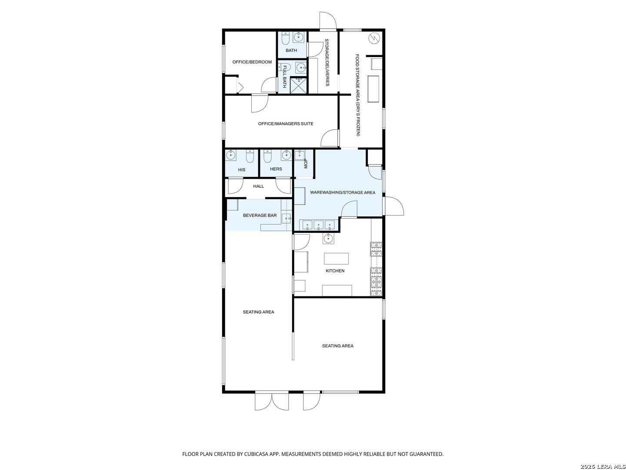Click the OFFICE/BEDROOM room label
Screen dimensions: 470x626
pyautogui.click(x=252, y=62)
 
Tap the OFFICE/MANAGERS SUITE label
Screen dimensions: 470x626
pyautogui.click(x=286, y=124)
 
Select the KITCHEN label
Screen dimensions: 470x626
pyautogui.click(x=335, y=271)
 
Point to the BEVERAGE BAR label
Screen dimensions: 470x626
pyautogui.click(x=260, y=215)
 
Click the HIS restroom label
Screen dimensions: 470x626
pyautogui.click(x=242, y=170)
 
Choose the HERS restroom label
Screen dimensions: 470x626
pyautogui.click(x=276, y=169)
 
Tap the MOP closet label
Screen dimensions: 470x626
pyautogui.click(x=306, y=164)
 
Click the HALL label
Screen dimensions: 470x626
pyautogui.click(x=258, y=186)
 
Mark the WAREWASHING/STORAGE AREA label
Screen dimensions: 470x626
pyautogui.click(x=342, y=192)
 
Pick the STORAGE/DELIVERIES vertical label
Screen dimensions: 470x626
pyautogui.click(x=327, y=63)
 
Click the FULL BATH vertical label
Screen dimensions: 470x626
pyautogui.click(x=284, y=77)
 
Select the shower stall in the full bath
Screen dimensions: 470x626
pyautogui.click(x=299, y=85)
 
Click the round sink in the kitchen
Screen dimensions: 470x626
pyautogui.click(x=328, y=238)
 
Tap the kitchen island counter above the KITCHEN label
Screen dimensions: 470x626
pyautogui.click(x=336, y=258)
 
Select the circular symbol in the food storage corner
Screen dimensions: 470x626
pyautogui.click(x=374, y=38)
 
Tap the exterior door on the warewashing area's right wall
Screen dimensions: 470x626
pyautogui.click(x=393, y=206)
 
